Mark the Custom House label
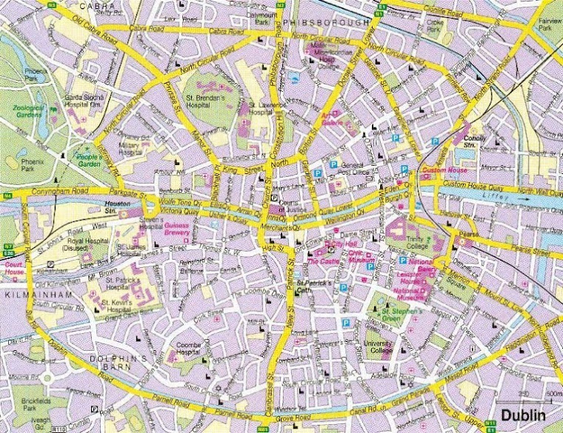tap(442, 172)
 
